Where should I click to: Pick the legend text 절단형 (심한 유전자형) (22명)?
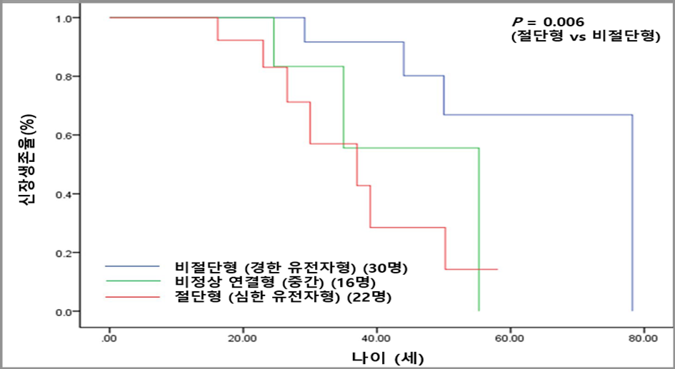[x=284, y=296]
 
